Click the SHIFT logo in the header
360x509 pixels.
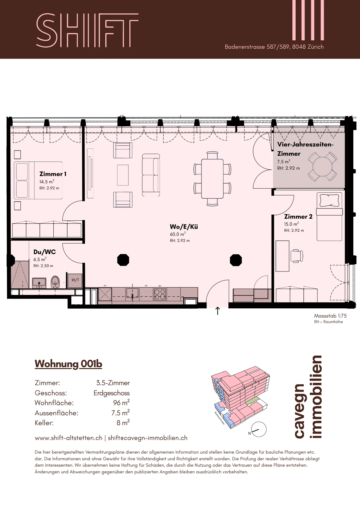87,30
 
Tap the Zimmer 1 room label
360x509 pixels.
53,174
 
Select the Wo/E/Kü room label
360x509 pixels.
184,227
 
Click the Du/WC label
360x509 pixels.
45,252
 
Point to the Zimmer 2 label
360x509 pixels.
298,217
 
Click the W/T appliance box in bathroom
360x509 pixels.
75,280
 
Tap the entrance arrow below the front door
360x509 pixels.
218,311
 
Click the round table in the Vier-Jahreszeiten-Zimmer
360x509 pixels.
322,166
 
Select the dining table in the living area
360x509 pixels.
212,179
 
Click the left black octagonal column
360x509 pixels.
123,260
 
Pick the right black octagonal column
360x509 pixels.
236,260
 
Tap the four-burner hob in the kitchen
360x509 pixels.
160,294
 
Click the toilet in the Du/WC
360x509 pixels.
55,282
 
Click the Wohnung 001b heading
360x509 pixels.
68,364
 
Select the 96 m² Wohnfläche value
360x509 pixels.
121,403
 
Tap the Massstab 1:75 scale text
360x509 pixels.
330,316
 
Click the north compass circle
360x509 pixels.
259,429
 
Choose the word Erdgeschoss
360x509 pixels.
111,393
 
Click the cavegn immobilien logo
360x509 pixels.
308,397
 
